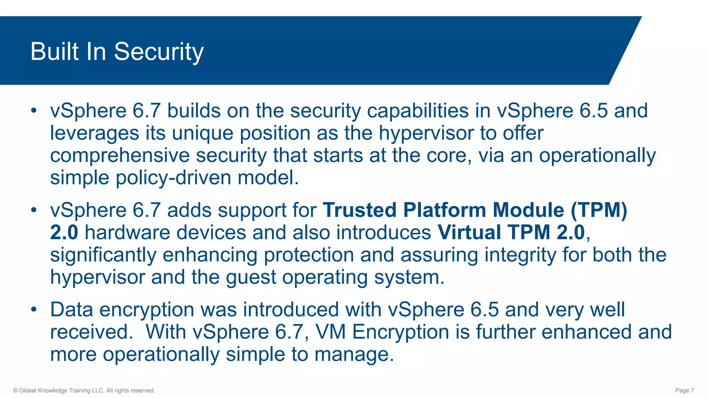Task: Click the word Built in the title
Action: pos(55,51)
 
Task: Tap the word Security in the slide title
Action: pos(159,51)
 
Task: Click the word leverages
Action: pos(94,133)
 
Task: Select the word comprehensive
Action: pos(120,155)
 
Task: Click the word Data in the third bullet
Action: pos(72,310)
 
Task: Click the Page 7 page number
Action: pos(684,390)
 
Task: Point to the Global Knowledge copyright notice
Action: pos(84,390)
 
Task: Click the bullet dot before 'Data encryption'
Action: pos(34,310)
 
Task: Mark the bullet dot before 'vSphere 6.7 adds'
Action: pos(34,210)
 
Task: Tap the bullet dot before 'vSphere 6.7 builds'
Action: pos(34,111)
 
